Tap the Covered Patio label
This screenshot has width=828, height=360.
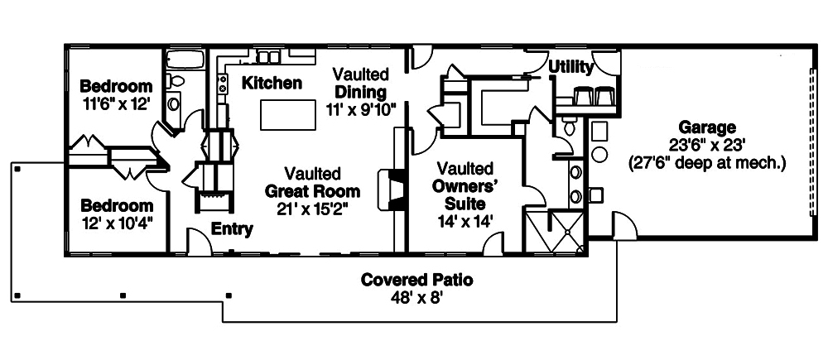(416, 279)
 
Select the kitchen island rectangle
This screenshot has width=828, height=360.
(288, 114)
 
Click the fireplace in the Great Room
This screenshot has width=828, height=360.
(392, 190)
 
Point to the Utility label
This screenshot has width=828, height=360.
(571, 67)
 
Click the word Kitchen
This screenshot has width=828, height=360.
(272, 83)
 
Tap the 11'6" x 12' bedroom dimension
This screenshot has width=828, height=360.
(117, 104)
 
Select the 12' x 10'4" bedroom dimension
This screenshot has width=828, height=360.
(117, 223)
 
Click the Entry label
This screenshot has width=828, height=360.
(232, 229)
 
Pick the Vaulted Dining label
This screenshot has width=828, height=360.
(362, 83)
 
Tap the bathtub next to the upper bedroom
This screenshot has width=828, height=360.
(185, 59)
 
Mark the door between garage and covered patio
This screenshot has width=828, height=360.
(624, 225)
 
